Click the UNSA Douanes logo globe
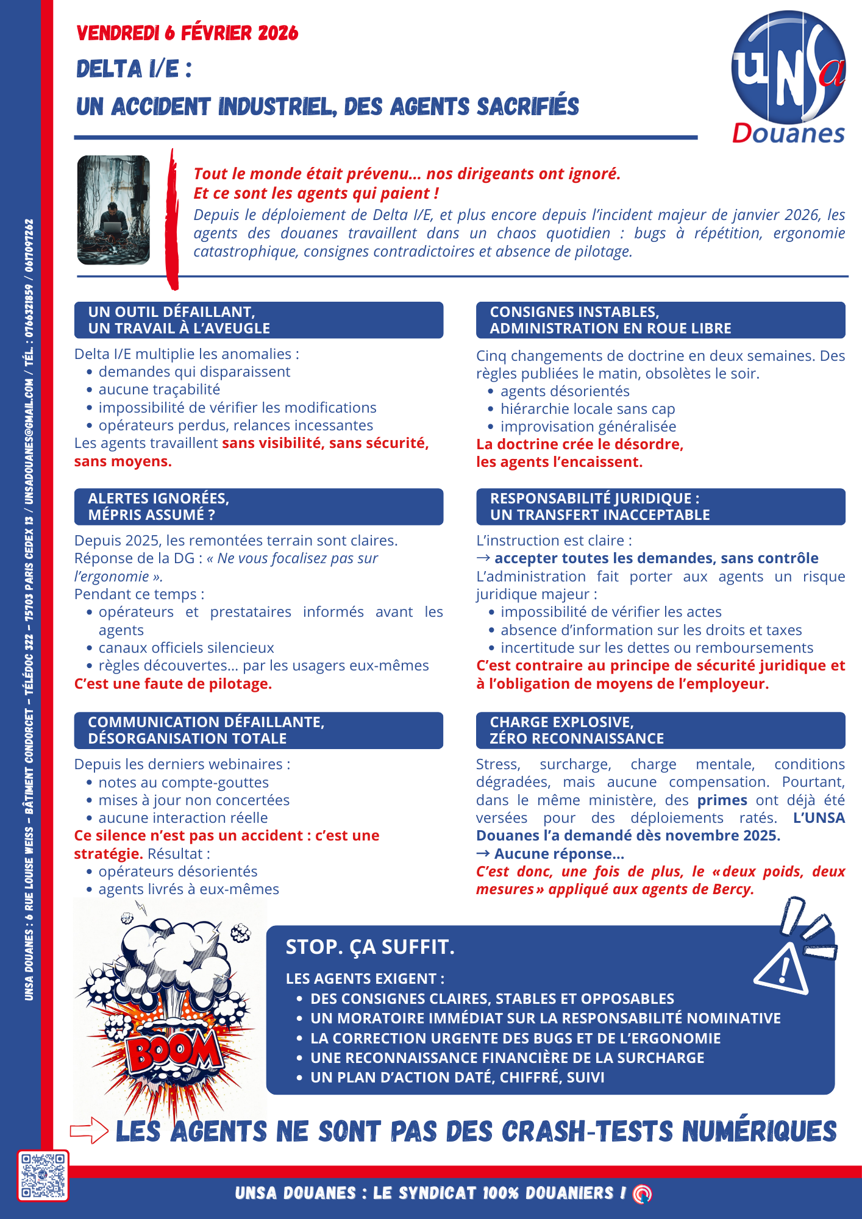coord(788,67)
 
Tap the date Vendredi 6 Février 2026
coord(187,33)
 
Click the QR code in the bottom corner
coord(43,1175)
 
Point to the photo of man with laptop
coord(113,210)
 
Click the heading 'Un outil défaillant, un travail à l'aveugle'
coord(258,320)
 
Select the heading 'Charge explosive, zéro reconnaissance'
coord(660,730)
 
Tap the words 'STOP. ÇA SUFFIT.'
coord(370,947)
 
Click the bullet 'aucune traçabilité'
coord(159,389)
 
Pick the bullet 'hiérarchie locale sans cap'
coord(588,409)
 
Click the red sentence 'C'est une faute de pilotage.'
coord(173,684)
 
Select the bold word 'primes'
coord(722,800)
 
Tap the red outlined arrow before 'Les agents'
coord(89,1131)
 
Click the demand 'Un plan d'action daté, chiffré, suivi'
coord(457,1078)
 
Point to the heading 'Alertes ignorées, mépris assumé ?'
coord(258,506)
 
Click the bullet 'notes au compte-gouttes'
coord(183,783)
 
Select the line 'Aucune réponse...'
coord(550,854)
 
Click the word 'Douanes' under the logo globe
coord(788,133)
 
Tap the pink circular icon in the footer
coord(642,1193)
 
